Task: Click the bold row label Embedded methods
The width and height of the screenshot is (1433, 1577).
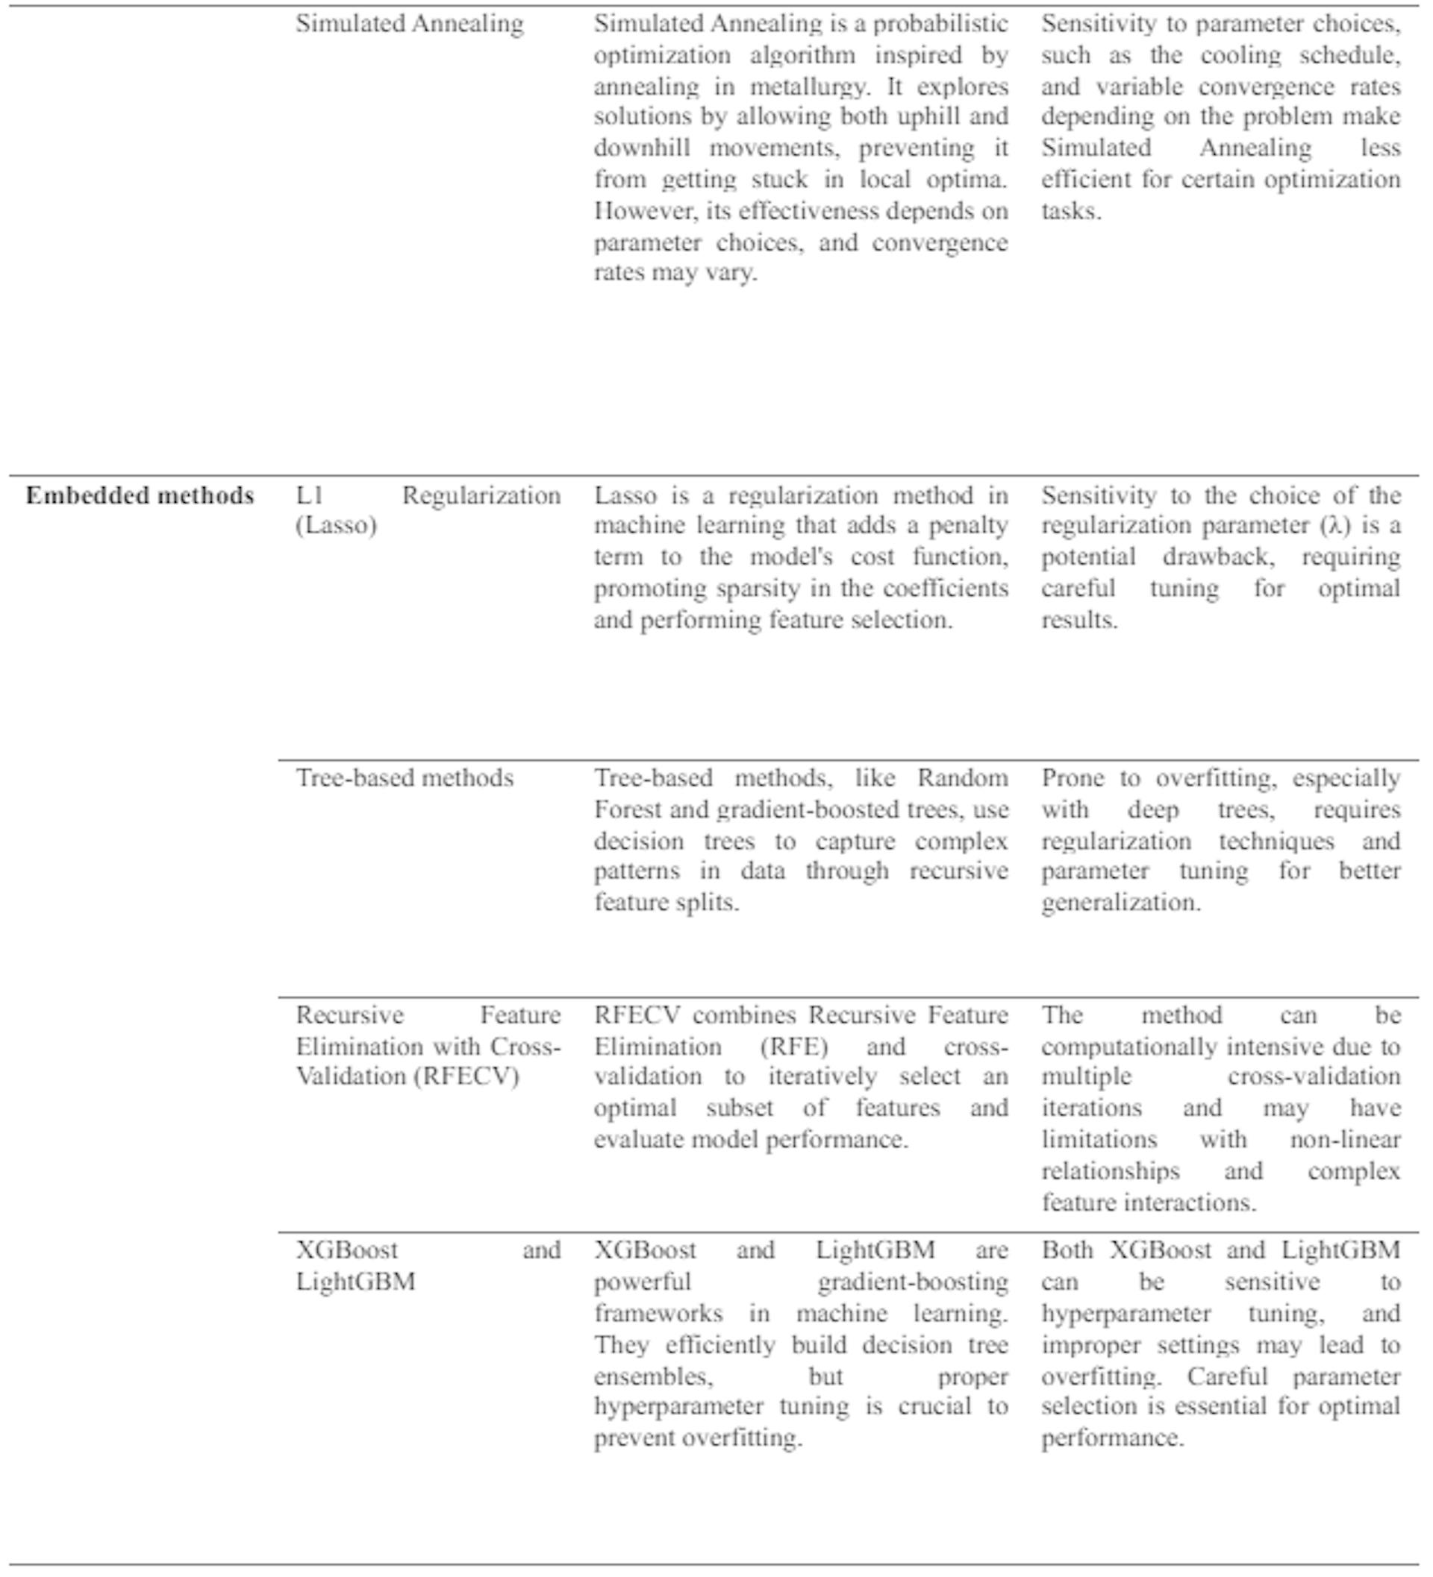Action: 140,495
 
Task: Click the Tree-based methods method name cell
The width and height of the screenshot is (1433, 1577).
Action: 404,777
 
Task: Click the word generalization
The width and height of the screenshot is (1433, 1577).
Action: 1120,903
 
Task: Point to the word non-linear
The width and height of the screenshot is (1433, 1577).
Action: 1345,1140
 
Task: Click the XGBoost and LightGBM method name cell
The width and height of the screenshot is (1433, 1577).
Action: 428,1266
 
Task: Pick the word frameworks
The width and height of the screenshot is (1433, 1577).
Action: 658,1313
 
